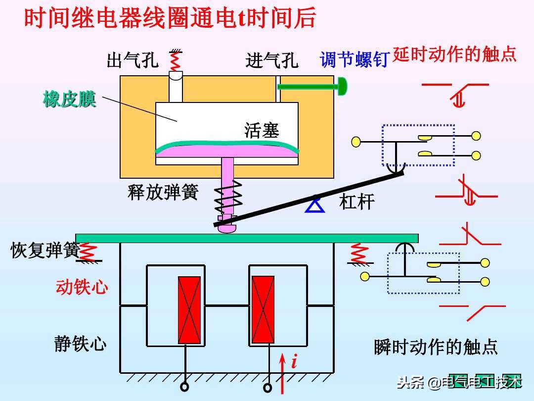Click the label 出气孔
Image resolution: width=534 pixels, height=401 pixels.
[133, 60]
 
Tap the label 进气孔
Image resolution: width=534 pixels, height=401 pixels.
[271, 60]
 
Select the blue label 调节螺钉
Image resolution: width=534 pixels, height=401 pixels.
[354, 60]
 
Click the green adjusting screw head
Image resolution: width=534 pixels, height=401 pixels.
[342, 87]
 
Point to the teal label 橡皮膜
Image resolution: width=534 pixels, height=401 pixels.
[69, 100]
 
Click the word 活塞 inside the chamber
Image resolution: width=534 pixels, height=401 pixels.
[262, 130]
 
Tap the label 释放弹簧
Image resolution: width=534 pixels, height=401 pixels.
[163, 192]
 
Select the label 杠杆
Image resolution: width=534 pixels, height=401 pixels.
[356, 201]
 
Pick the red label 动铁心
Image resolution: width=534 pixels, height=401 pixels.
[82, 287]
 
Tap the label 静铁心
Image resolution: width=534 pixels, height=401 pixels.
[80, 344]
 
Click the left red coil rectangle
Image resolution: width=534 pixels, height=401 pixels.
[189, 310]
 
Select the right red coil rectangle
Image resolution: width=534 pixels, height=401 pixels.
[263, 310]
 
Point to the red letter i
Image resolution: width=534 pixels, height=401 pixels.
[294, 362]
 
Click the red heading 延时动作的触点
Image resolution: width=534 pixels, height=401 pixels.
[454, 54]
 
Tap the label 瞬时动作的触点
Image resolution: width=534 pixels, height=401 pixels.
[436, 347]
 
